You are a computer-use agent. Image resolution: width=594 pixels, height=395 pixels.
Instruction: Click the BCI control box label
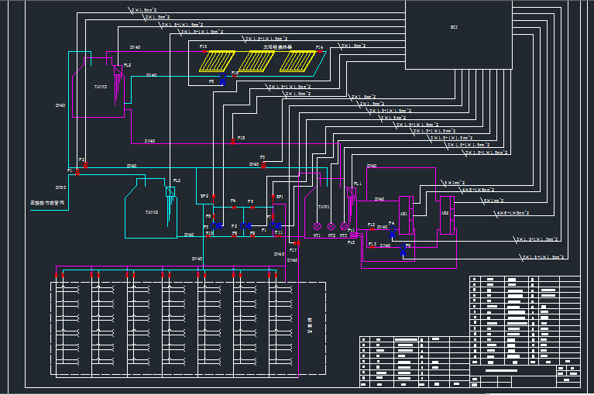click(x=454, y=27)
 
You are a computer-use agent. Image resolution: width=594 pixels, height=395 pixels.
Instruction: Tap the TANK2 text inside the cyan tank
click(x=151, y=211)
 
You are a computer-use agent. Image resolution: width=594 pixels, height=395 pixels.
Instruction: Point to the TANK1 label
click(x=324, y=207)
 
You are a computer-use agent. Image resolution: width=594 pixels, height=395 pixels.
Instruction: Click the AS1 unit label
click(x=403, y=213)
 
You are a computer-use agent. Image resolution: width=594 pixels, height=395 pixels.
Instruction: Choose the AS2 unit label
click(x=445, y=213)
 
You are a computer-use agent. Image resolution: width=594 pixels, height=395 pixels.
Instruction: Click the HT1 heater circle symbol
click(x=317, y=226)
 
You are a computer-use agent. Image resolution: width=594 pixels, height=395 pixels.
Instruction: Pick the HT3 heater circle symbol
click(x=344, y=226)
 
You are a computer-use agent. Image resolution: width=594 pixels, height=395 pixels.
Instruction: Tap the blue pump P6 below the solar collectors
click(x=223, y=81)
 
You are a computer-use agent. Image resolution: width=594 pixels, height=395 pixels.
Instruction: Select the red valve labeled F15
click(x=204, y=51)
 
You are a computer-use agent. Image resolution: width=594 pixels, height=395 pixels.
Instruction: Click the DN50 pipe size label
click(x=60, y=187)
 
